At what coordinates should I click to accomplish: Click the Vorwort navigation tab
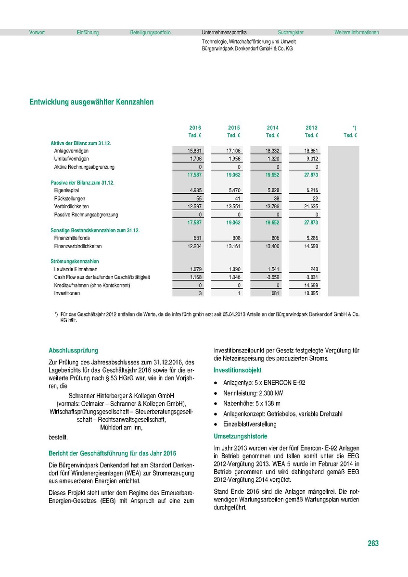pyautogui.click(x=37, y=33)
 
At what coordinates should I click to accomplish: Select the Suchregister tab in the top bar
pyautogui.click(x=291, y=33)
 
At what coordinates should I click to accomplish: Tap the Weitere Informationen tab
pyautogui.click(x=357, y=33)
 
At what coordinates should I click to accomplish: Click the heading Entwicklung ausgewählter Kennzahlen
pyautogui.click(x=91, y=102)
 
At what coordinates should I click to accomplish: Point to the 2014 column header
pyautogui.click(x=273, y=128)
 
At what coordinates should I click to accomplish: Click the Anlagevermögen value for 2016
pyautogui.click(x=194, y=151)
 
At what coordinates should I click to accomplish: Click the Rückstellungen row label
pyautogui.click(x=70, y=199)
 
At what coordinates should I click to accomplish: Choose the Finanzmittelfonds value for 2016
pyautogui.click(x=195, y=238)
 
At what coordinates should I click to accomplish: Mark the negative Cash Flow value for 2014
pyautogui.click(x=271, y=277)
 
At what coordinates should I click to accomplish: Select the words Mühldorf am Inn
pyautogui.click(x=121, y=427)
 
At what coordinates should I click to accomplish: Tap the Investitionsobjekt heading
pyautogui.click(x=238, y=370)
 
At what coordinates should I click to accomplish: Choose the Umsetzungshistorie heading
pyautogui.click(x=241, y=437)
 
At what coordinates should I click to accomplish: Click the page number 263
pyautogui.click(x=373, y=543)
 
